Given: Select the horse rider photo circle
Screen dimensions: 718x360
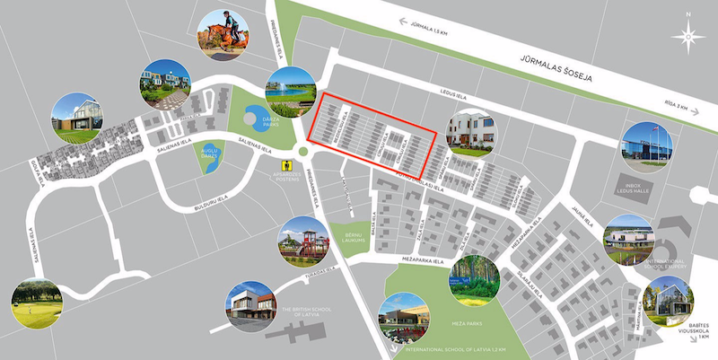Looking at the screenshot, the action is pyautogui.click(x=224, y=34).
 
